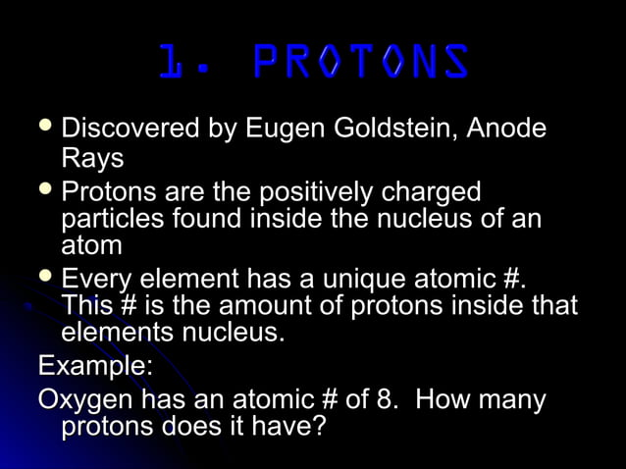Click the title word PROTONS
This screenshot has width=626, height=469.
point(360,62)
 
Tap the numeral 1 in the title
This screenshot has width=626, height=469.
point(173,62)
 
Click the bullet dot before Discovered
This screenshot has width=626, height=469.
point(45,128)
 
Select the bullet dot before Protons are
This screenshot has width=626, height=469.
point(45,188)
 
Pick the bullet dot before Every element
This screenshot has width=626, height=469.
point(45,278)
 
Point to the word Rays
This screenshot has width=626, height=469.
point(92,158)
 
